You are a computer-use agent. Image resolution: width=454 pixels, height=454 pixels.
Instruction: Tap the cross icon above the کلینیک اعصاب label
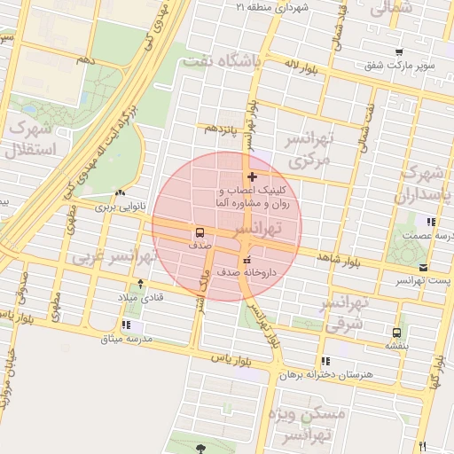253,177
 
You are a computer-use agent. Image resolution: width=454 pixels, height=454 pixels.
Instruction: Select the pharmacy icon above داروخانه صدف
246,260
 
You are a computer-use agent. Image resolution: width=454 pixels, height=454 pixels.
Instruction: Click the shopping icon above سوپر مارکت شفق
400,52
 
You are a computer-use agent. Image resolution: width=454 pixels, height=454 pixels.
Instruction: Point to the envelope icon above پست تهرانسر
423,267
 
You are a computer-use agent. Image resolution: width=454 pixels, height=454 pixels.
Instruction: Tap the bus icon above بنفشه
396,333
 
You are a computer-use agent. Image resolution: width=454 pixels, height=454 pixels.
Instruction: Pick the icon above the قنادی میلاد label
140,284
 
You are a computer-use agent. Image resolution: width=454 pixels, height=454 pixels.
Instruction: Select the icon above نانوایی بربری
119,193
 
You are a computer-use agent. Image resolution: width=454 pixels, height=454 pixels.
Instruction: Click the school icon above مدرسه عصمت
431,222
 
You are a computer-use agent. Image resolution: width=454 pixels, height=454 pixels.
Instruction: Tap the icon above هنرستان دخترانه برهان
325,361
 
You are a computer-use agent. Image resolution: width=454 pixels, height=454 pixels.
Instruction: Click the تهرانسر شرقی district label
352,314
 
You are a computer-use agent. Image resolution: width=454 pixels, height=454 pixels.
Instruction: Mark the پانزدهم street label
222,129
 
